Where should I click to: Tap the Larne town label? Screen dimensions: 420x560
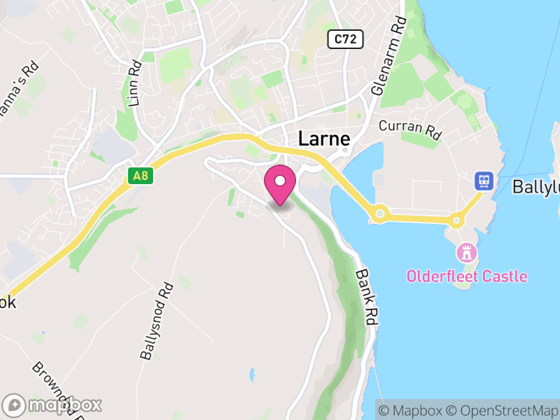[324, 138]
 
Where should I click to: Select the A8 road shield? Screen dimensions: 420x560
[140, 176]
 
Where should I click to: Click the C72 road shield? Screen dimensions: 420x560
[346, 39]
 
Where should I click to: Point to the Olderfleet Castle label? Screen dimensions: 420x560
[467, 276]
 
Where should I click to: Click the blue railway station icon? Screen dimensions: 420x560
[483, 181]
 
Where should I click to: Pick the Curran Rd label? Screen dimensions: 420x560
[412, 128]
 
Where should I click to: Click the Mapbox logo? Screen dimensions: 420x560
[52, 405]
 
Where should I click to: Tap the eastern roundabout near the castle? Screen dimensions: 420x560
[456, 220]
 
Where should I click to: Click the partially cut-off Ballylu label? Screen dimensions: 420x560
[536, 188]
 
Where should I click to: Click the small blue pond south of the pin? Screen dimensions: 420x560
[250, 375]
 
